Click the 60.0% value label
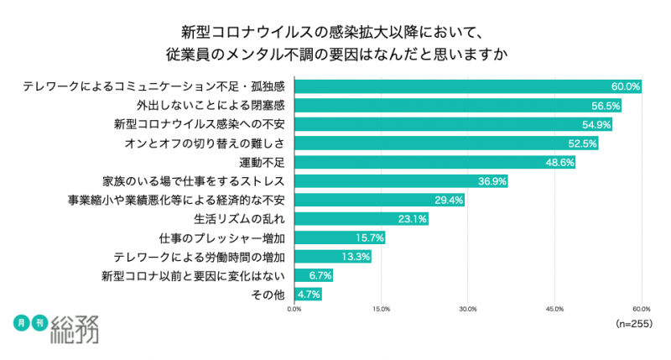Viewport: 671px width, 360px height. pyautogui.click(x=626, y=86)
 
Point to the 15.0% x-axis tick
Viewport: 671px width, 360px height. pyautogui.click(x=381, y=309)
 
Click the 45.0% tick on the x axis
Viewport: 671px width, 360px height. pyautogui.click(x=554, y=309)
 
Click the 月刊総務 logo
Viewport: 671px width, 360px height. pyautogui.click(x=59, y=328)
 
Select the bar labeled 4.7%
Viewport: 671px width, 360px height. pyautogui.click(x=308, y=295)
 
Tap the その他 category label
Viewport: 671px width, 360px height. pyautogui.click(x=269, y=295)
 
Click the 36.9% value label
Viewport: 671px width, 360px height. pyautogui.click(x=492, y=181)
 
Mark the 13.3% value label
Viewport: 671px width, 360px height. pyautogui.click(x=356, y=257)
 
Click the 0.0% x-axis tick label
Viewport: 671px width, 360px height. pyautogui.click(x=294, y=309)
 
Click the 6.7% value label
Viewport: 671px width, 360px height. pyautogui.click(x=320, y=275)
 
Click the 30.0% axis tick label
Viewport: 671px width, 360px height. pyautogui.click(x=468, y=309)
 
